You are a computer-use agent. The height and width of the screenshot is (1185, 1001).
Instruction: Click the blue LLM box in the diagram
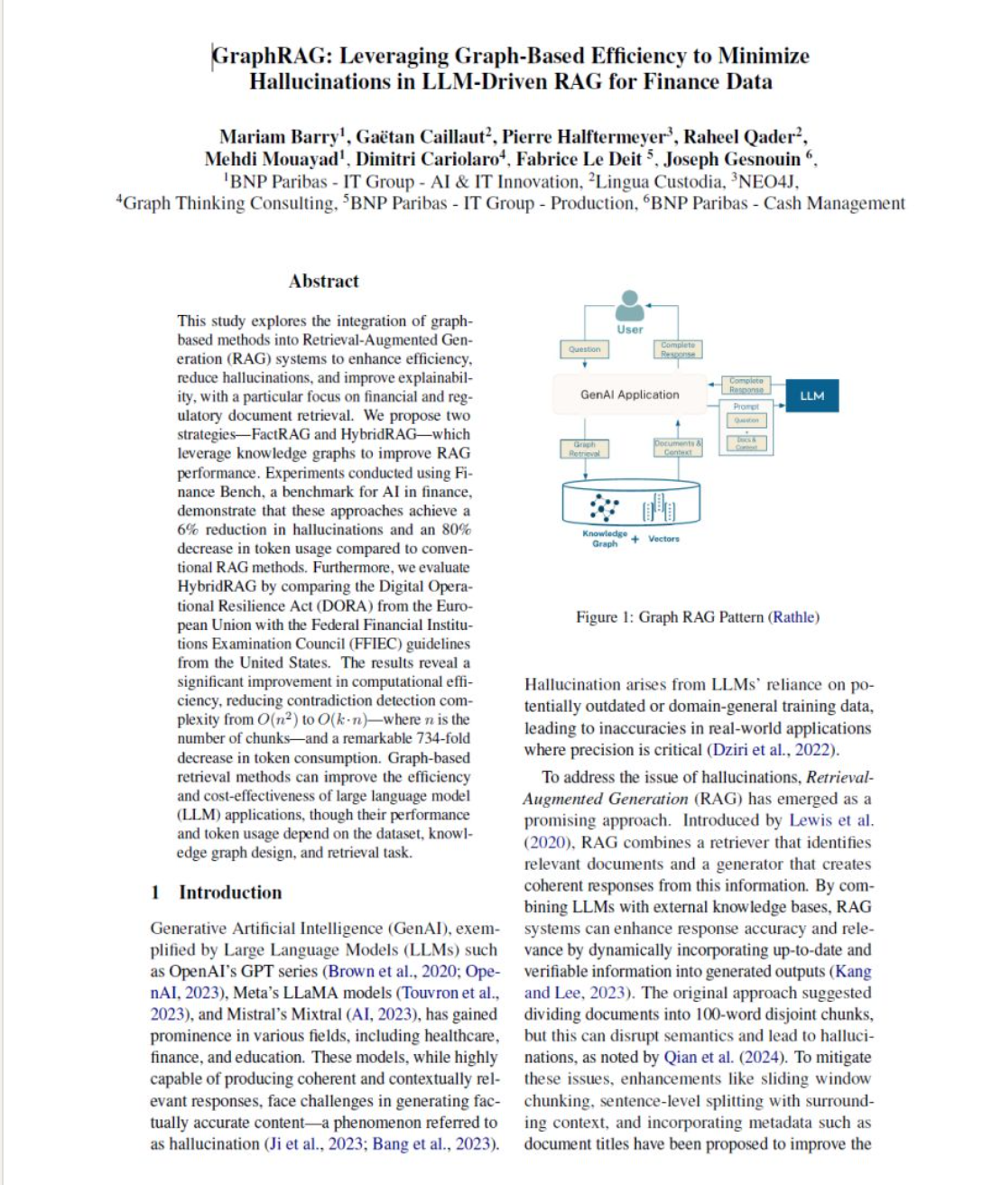(811, 395)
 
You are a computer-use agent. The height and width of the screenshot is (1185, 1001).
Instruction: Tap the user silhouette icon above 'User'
(630, 305)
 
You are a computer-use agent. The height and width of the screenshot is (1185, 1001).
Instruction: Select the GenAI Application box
(630, 394)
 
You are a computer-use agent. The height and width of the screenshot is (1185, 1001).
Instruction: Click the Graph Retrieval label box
(584, 449)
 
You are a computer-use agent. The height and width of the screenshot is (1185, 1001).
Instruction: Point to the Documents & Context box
(677, 447)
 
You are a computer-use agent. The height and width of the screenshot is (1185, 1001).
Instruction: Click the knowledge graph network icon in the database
(604, 507)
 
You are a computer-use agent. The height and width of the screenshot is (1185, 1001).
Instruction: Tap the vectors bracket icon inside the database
(659, 508)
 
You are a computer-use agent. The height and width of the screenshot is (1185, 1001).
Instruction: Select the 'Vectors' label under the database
(663, 539)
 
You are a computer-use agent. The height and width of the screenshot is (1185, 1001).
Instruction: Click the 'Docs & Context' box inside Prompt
(746, 443)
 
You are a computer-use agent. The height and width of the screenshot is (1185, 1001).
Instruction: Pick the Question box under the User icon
(585, 349)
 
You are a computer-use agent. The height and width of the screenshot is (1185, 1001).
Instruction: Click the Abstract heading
(323, 281)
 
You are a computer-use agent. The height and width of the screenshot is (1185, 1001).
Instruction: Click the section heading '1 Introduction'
(217, 892)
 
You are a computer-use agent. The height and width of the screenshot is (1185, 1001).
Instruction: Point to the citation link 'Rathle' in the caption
(793, 617)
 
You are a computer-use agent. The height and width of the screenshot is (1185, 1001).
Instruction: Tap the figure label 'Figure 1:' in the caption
(605, 617)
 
